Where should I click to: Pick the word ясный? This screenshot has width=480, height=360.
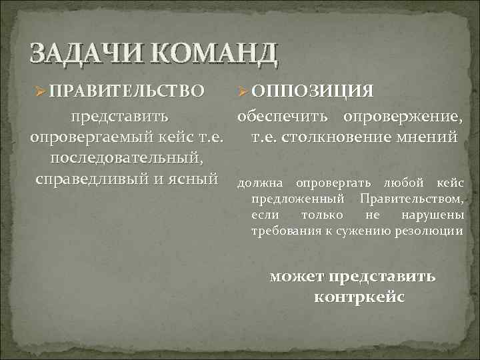[x=198, y=179]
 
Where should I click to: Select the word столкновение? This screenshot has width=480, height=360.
[x=339, y=137]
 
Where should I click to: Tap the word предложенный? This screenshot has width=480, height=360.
[x=299, y=199]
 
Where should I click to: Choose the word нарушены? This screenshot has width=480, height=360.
[x=432, y=215]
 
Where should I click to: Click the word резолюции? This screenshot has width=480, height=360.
[x=431, y=231]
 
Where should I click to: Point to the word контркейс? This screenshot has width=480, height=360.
[x=358, y=296]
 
